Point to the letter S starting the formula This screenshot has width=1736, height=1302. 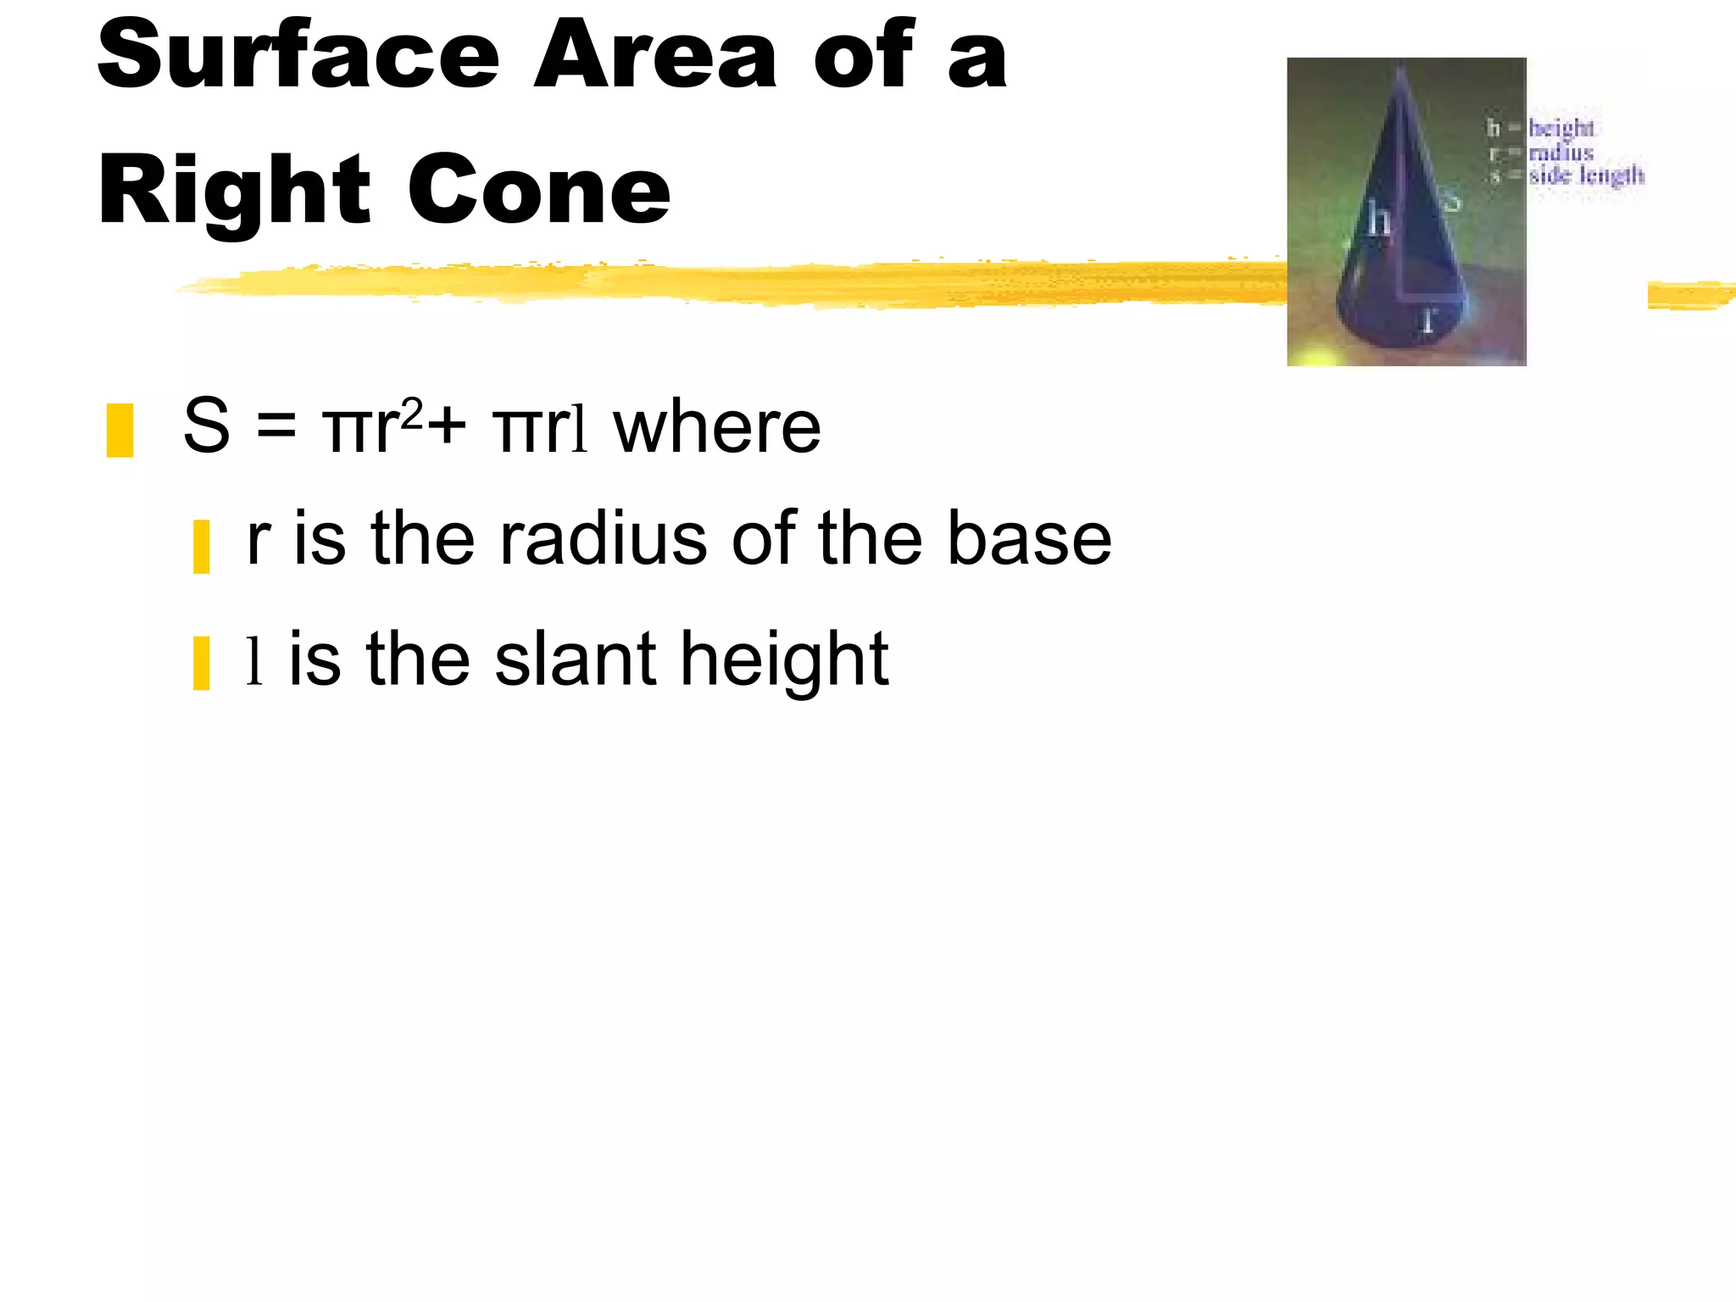pos(207,426)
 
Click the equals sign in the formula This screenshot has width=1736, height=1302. pos(276,427)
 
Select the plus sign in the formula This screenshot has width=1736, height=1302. pos(447,427)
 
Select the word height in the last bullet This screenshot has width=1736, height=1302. pos(785,661)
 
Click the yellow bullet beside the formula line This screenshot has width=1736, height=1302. pos(120,431)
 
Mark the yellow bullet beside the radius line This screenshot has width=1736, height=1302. pos(202,548)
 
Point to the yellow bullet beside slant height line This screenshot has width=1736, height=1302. pos(202,664)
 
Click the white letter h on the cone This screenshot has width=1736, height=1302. pos(1379,221)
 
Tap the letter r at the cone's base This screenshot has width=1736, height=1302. pos(1430,320)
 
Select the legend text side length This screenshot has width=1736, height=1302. pos(1586,175)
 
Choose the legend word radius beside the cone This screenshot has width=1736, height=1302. pos(1561,153)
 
